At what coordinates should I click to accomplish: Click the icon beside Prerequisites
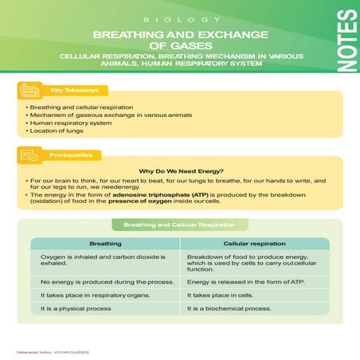click(x=29, y=155)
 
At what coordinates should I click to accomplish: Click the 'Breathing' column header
click(x=105, y=244)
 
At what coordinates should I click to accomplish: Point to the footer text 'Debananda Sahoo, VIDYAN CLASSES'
click(x=53, y=352)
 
